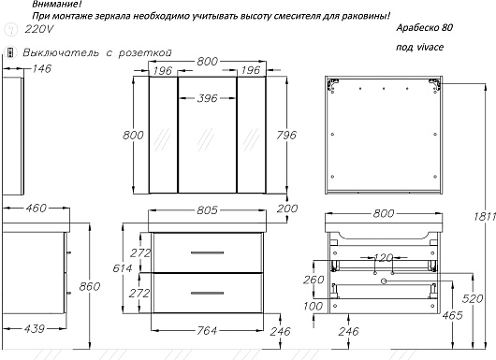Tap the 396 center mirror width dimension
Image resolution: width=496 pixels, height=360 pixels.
pyautogui.click(x=207, y=98)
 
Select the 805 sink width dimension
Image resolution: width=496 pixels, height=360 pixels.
pyautogui.click(x=207, y=209)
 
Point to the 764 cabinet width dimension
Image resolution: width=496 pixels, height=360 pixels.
pyautogui.click(x=207, y=331)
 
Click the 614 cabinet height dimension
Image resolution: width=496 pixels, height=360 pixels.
pyautogui.click(x=123, y=268)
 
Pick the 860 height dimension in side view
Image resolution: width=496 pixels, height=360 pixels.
pyautogui.click(x=90, y=286)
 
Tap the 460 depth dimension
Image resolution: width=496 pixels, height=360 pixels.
pyautogui.click(x=36, y=208)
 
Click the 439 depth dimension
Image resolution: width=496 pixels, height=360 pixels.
pyautogui.click(x=35, y=329)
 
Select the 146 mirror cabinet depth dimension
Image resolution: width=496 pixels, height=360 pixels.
pyautogui.click(x=41, y=68)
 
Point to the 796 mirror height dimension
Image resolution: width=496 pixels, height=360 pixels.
pyautogui.click(x=286, y=135)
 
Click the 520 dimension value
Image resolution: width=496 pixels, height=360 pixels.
pyautogui.click(x=473, y=298)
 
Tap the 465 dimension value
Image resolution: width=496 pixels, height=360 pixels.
pyautogui.click(x=453, y=315)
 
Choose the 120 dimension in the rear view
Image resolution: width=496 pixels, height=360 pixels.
pyautogui.click(x=383, y=257)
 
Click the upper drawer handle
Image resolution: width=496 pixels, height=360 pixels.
pyautogui.click(x=207, y=252)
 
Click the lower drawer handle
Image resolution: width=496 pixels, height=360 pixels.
pyautogui.click(x=207, y=293)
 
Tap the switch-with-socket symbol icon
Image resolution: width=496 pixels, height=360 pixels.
pyautogui.click(x=11, y=52)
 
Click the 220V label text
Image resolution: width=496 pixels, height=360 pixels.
pyautogui.click(x=39, y=29)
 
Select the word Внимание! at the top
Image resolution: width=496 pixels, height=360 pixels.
pyautogui.click(x=57, y=4)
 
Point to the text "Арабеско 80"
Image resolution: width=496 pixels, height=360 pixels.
pyautogui.click(x=425, y=28)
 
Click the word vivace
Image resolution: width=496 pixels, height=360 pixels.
pyautogui.click(x=430, y=47)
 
